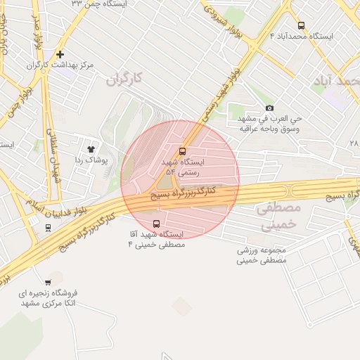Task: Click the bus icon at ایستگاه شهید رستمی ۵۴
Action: click(x=183, y=151)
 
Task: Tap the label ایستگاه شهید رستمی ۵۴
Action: click(x=182, y=167)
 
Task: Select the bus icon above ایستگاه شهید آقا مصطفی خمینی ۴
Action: click(x=156, y=224)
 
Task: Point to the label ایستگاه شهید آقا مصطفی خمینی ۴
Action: click(x=156, y=239)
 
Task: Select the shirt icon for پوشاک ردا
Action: click(x=90, y=149)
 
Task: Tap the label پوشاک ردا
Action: click(x=90, y=160)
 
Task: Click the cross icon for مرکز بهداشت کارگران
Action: click(x=60, y=54)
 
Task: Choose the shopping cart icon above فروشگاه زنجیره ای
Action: click(x=47, y=282)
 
